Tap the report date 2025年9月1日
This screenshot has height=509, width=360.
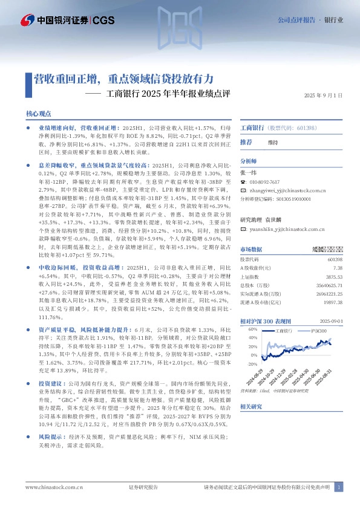coord(323,95)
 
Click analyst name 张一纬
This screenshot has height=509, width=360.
coord(248,172)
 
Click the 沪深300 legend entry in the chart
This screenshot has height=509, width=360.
coord(318,331)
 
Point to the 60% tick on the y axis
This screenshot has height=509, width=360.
coord(245,329)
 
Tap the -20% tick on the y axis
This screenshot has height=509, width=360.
coord(245,365)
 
